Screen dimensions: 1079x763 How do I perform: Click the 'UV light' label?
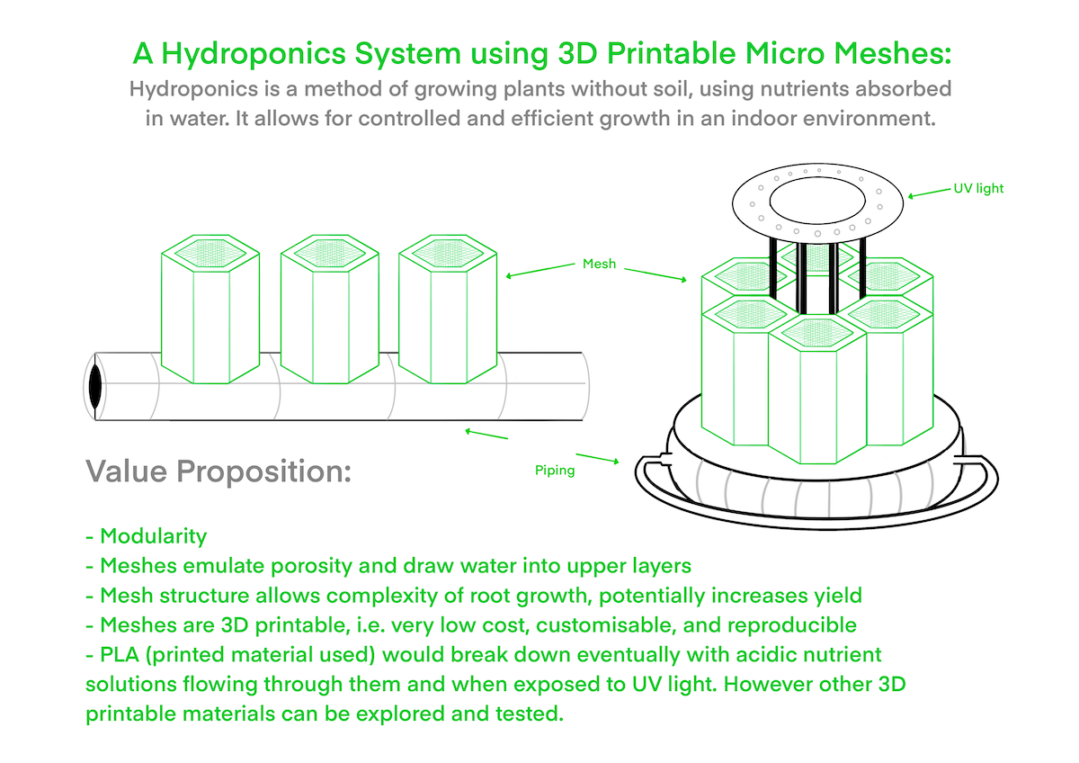[x=978, y=188]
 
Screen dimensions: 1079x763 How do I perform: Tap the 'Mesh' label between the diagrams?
[x=599, y=264]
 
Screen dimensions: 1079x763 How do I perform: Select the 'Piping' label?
[x=555, y=471]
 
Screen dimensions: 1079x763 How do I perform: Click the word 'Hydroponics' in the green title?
[x=254, y=54]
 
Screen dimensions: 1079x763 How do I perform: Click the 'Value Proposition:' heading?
[x=218, y=471]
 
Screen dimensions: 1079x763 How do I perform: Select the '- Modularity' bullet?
[x=146, y=536]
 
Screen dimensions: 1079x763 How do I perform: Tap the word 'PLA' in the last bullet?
[x=120, y=654]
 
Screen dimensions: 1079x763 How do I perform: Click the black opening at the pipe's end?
[x=95, y=386]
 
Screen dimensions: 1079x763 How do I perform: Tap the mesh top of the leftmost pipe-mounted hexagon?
[x=210, y=253]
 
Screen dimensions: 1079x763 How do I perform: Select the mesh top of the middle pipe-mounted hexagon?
[x=329, y=253]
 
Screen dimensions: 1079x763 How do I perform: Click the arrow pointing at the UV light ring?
[x=929, y=193]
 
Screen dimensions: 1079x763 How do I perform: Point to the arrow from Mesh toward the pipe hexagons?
[x=540, y=270]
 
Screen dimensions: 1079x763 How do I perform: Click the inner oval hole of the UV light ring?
[x=817, y=201]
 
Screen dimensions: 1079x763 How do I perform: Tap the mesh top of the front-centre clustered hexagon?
[x=817, y=333]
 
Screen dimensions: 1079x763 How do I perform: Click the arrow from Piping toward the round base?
[x=597, y=458]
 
